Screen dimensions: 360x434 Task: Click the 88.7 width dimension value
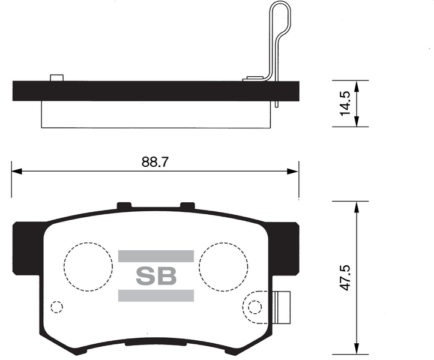155,161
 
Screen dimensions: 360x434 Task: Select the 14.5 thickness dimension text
345,103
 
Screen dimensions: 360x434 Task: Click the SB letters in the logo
156,276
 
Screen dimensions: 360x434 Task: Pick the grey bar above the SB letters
156,256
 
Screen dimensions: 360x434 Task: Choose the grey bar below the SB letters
156,295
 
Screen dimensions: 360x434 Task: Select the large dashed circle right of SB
224,266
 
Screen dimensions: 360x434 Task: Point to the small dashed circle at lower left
56,307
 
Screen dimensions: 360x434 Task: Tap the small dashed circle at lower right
255,307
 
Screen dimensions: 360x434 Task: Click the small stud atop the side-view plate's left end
57,77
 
